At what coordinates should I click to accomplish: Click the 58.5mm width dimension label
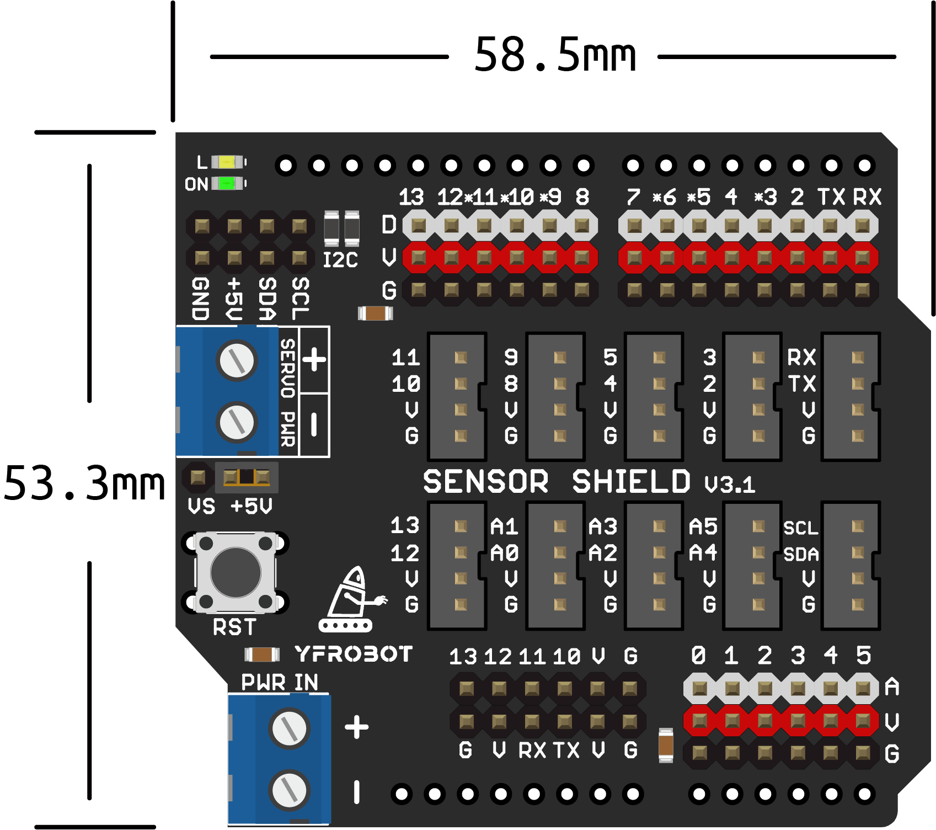click(555, 55)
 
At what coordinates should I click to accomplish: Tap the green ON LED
click(227, 183)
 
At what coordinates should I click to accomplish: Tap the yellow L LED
click(227, 162)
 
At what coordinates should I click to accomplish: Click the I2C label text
click(340, 260)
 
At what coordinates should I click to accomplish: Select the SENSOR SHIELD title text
click(556, 482)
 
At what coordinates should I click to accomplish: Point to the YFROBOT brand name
click(354, 655)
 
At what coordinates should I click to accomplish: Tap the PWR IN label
click(280, 683)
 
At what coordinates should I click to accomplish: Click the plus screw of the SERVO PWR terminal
click(238, 361)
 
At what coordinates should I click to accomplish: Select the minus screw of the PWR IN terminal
click(289, 790)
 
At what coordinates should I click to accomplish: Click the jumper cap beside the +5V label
click(247, 477)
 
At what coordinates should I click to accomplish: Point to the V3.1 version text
click(730, 485)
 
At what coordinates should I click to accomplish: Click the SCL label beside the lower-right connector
click(801, 528)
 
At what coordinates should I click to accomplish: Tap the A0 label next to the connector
click(504, 553)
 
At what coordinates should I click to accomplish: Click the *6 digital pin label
click(665, 197)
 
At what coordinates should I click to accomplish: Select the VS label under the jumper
click(201, 506)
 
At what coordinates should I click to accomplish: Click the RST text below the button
click(234, 627)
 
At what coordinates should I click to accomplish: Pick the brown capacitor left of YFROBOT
click(262, 655)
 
